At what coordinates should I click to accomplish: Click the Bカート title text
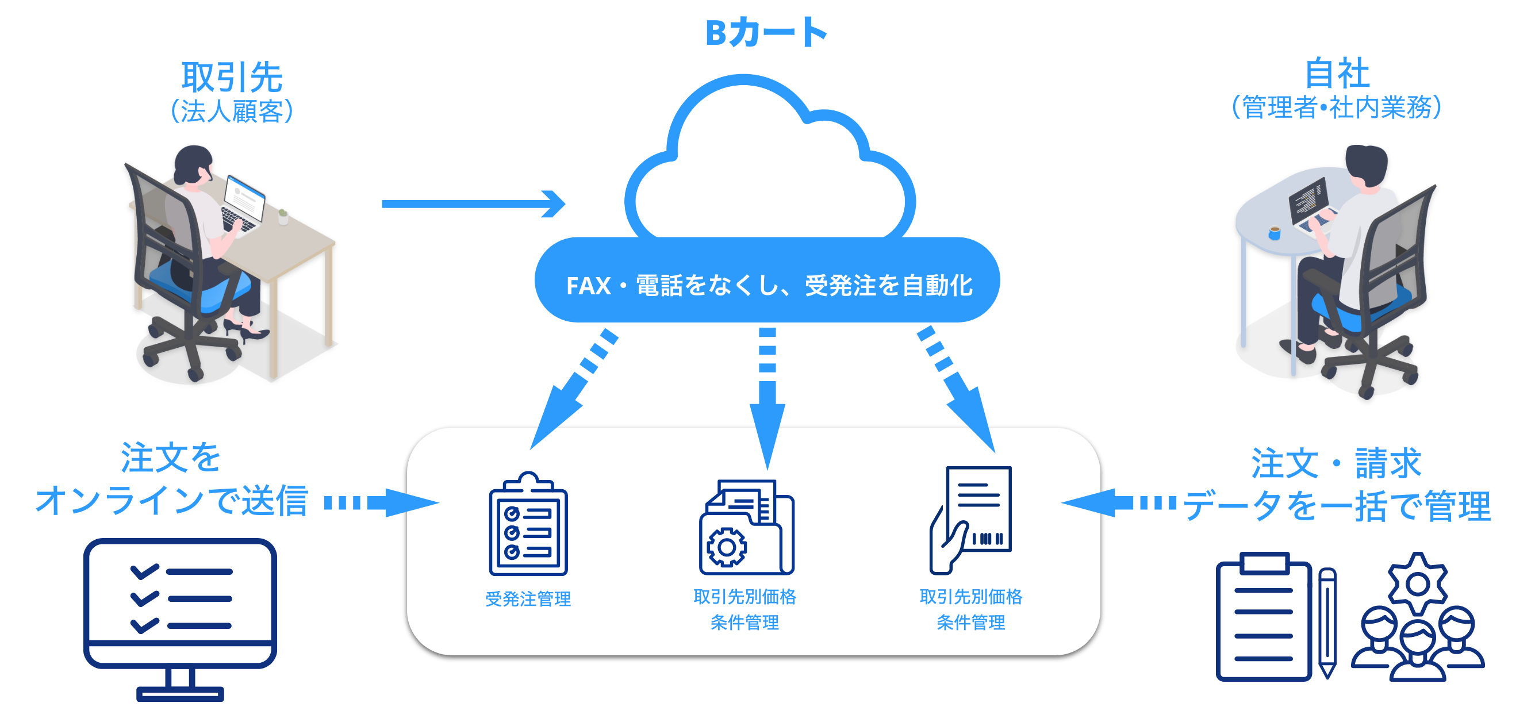click(766, 33)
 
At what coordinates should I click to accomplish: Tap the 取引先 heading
click(231, 78)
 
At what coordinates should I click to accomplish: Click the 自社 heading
click(1337, 75)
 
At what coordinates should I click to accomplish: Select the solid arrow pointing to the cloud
click(474, 203)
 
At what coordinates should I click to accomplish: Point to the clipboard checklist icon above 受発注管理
click(528, 525)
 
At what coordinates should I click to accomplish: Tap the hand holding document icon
click(970, 520)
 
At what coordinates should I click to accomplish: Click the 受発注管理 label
click(528, 598)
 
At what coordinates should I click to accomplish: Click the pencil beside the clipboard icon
click(1327, 623)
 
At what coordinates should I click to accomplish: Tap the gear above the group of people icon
click(1417, 584)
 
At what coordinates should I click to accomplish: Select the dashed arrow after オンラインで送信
click(381, 503)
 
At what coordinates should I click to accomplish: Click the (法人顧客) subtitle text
click(231, 112)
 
